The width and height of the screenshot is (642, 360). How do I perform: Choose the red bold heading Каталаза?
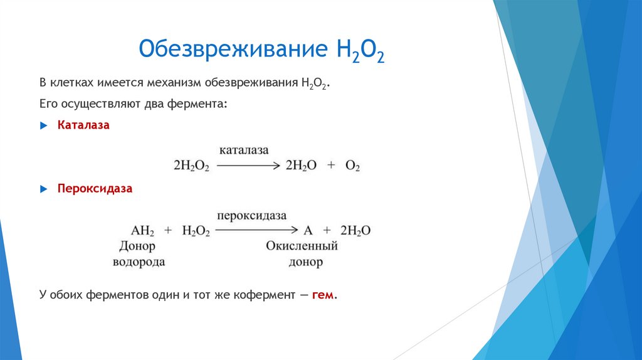pos(83,125)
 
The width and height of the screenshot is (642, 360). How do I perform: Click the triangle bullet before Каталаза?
pos(43,125)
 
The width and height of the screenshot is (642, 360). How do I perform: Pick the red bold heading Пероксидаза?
pos(95,188)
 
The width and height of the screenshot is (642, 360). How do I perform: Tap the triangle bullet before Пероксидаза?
pos(43,188)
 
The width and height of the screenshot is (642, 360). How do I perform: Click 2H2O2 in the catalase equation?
pos(191,166)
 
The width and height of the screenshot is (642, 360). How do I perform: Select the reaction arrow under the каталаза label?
pos(248,166)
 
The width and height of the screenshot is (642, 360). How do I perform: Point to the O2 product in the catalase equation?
pos(352,166)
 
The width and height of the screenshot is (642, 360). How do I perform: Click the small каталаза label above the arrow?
pos(244,151)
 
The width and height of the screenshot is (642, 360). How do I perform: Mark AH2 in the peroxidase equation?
pos(142,231)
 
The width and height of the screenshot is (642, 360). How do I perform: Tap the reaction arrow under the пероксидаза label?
pos(256,231)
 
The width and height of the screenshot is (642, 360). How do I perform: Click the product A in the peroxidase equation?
pos(308,231)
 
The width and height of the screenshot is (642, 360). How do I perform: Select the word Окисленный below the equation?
pos(302,246)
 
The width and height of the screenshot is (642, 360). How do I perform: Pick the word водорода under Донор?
pos(139,262)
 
